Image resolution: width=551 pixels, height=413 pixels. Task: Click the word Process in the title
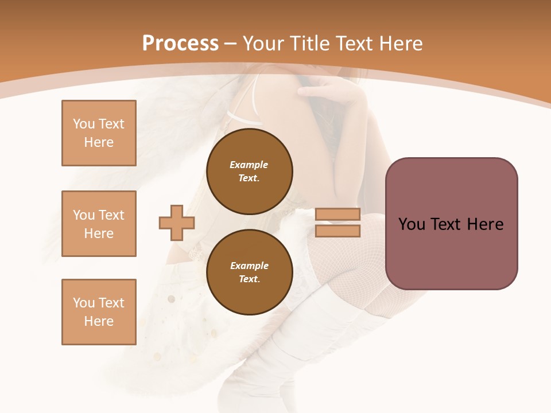tap(180, 43)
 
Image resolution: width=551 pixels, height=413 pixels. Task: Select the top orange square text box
tap(99, 133)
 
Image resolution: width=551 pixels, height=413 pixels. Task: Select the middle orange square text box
tap(99, 224)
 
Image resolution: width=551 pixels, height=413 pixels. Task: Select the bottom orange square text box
tap(99, 312)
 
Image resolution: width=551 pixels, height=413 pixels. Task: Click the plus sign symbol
tap(177, 223)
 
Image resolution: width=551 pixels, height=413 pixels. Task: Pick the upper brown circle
tap(249, 171)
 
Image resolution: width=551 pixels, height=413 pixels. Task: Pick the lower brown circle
tap(249, 272)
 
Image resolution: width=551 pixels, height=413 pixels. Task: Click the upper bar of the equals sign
tap(337, 215)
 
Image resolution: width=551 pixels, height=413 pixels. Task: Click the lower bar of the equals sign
tap(337, 231)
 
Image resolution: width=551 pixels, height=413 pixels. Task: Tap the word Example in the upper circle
tap(249, 165)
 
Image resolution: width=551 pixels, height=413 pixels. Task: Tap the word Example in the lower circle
tap(249, 266)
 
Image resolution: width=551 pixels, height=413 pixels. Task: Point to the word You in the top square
tap(84, 124)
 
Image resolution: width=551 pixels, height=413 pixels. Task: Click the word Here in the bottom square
tap(99, 321)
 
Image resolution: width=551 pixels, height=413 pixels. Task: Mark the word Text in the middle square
tap(111, 215)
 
